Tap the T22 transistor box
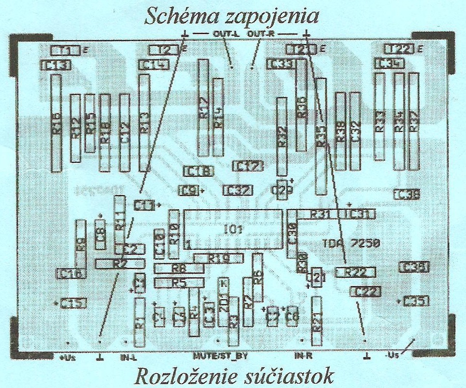400,49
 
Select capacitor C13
56,65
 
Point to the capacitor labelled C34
389,64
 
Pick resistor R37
414,121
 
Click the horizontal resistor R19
218,259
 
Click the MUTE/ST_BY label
220,357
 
